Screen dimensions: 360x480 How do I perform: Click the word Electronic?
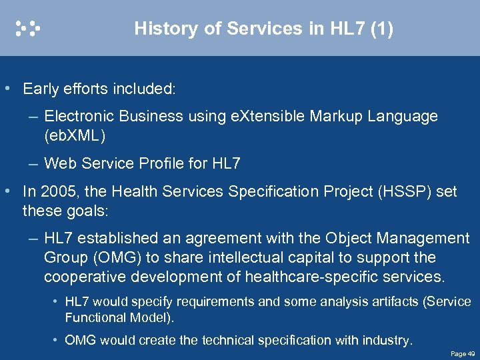(79, 116)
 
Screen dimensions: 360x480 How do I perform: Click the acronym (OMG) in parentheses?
(107, 257)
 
